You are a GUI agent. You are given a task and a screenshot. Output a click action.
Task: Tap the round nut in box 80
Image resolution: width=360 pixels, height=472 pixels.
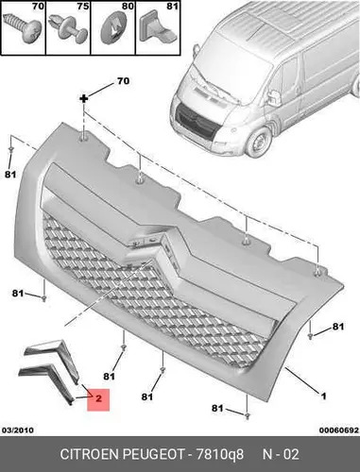[x=113, y=30]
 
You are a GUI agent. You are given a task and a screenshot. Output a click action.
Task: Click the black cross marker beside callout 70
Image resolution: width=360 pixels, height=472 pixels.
[x=84, y=99]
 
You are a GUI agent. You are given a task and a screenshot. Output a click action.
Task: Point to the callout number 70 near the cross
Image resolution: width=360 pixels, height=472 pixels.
[x=123, y=81]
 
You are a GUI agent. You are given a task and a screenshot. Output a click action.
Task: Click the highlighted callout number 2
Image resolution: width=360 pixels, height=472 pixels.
[x=98, y=398]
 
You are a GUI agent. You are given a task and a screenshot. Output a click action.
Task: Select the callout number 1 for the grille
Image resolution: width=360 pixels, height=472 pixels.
[x=323, y=396]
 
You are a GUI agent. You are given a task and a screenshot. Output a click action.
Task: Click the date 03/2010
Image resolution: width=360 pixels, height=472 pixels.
[x=18, y=430]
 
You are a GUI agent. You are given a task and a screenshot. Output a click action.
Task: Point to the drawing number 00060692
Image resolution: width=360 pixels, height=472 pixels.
[x=339, y=430]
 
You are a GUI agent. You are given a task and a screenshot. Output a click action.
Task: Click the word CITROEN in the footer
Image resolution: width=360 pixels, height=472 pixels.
[x=90, y=454]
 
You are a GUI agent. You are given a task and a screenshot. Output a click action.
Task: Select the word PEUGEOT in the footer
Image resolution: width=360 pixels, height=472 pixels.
[x=153, y=454]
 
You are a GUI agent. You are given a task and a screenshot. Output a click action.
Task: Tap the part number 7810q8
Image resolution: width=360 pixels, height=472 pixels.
[x=220, y=454]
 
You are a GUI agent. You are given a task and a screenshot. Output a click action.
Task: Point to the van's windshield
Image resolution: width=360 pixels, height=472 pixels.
[x=233, y=68]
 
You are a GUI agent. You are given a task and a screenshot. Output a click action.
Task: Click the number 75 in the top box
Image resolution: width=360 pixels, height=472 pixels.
[x=83, y=6]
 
